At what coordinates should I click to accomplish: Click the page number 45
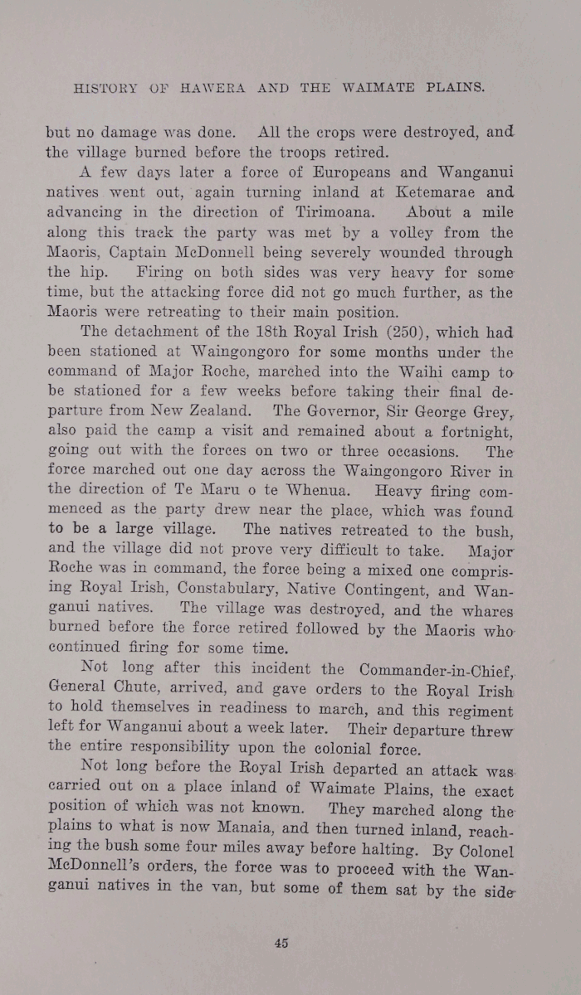pyautogui.click(x=281, y=942)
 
